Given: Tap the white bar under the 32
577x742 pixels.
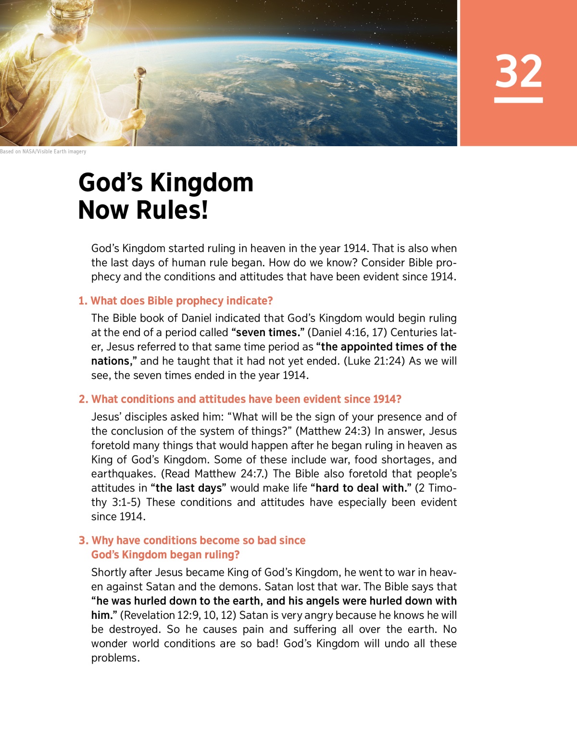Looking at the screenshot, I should [x=518, y=100].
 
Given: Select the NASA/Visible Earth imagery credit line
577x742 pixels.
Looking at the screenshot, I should [x=43, y=151].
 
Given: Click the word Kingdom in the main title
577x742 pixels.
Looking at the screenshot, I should [x=201, y=183].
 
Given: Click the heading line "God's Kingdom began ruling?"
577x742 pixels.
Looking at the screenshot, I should [x=165, y=555].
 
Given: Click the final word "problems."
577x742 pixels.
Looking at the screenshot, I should [x=115, y=658].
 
